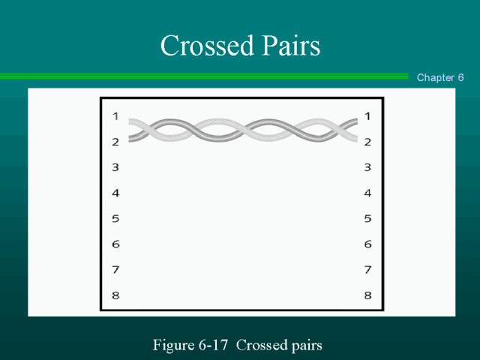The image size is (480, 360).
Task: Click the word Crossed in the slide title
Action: (207, 45)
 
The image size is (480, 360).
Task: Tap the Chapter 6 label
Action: (440, 77)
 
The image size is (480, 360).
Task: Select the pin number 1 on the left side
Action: (115, 116)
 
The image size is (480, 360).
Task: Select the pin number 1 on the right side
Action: (367, 116)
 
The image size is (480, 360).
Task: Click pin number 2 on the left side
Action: (115, 142)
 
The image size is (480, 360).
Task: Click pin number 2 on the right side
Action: (367, 142)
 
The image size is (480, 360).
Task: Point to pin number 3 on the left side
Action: (115, 167)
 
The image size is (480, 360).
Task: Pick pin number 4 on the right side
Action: (367, 193)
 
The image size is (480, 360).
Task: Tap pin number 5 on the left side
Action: (115, 218)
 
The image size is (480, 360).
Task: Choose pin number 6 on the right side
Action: (367, 244)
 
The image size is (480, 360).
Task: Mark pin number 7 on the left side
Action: (115, 270)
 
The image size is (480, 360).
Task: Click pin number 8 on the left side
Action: (115, 295)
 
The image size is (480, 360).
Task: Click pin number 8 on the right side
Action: (367, 295)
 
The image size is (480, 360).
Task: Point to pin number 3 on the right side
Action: (367, 167)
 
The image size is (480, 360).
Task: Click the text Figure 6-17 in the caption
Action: (190, 345)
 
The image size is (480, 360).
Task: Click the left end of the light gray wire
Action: (129, 121)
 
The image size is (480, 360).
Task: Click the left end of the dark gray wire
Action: (129, 139)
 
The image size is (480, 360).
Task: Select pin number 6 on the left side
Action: (115, 244)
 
